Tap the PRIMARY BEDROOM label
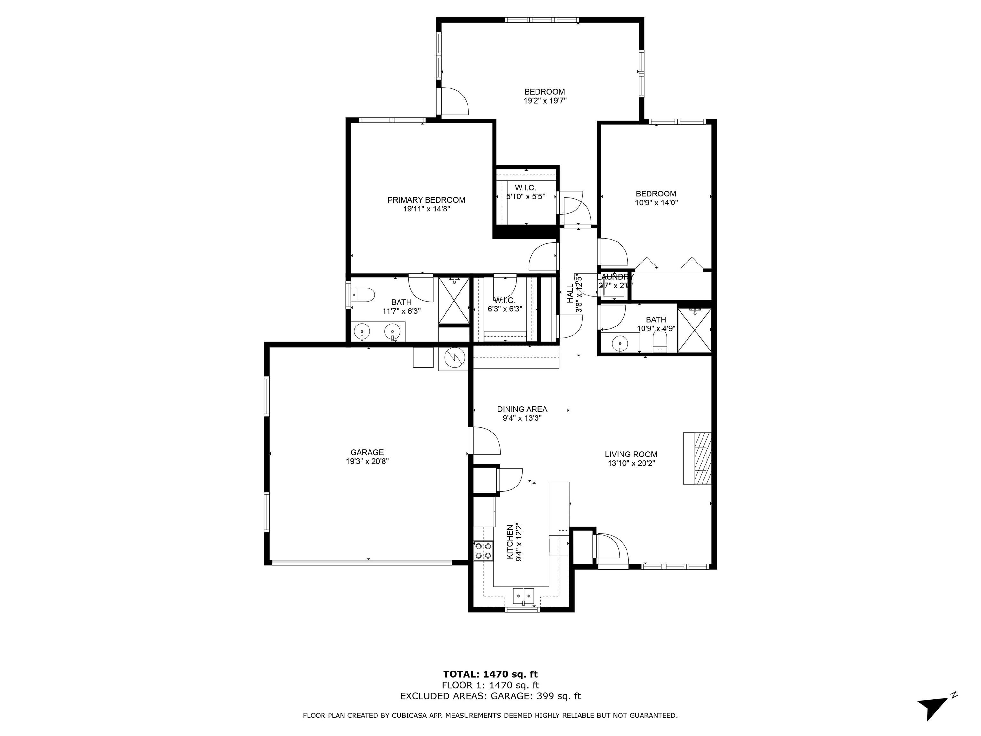pyautogui.click(x=426, y=200)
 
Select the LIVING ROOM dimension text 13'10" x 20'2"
pyautogui.click(x=631, y=464)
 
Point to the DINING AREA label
pyautogui.click(x=522, y=409)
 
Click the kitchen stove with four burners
pyautogui.click(x=483, y=551)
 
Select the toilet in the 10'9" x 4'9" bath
pyautogui.click(x=660, y=342)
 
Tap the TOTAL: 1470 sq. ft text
pyautogui.click(x=490, y=674)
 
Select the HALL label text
pyautogui.click(x=570, y=294)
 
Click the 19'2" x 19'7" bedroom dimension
pyautogui.click(x=545, y=101)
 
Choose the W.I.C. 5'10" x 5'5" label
pyautogui.click(x=526, y=192)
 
